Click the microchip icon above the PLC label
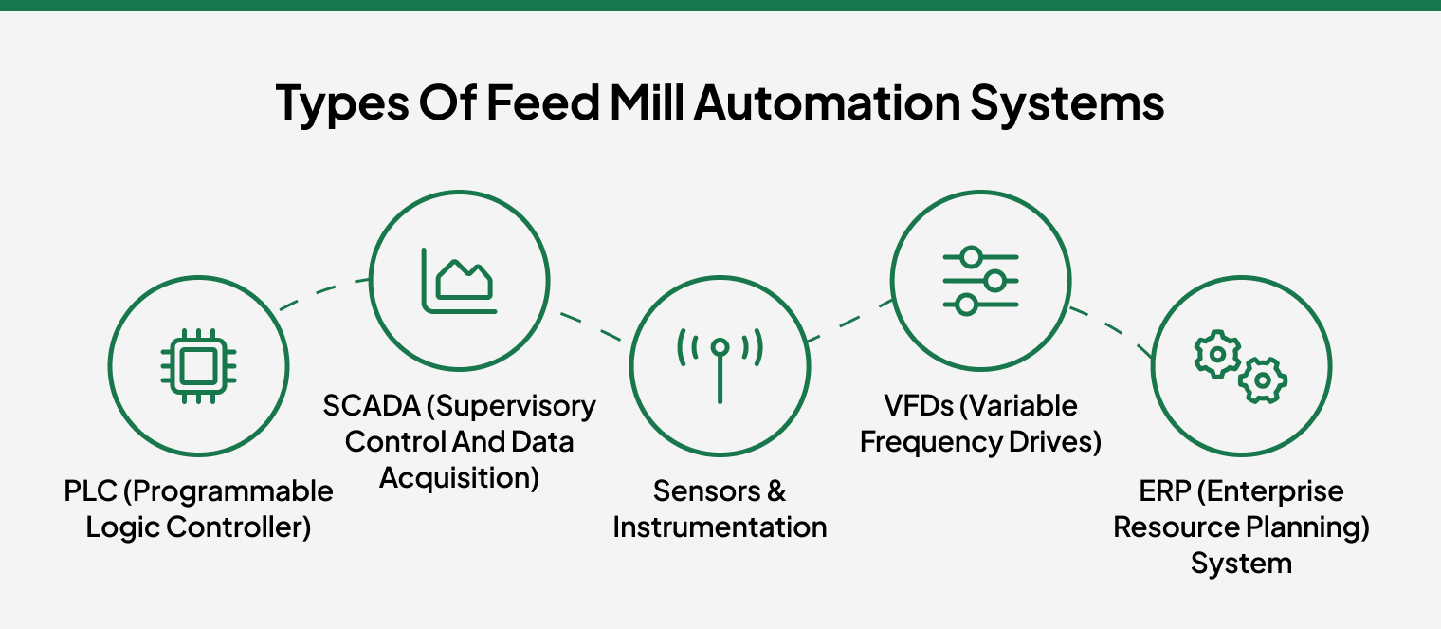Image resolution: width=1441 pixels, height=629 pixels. pos(198,365)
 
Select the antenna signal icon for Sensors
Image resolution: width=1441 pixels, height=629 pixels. pos(720,365)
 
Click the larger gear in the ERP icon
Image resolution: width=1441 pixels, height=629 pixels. pos(1216,354)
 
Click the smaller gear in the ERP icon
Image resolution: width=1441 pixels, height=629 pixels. pos(1263,380)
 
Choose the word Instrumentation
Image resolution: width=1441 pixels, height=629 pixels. pos(720,527)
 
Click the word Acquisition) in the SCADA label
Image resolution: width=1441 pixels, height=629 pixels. pos(459,478)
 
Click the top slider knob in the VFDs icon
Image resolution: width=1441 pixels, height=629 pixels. pos(969,257)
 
